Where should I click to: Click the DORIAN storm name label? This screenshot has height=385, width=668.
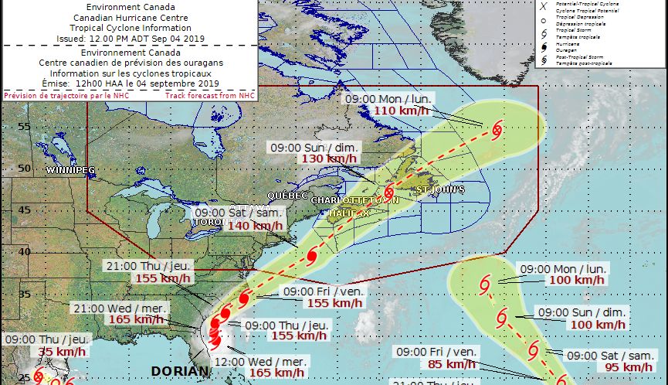click(180, 371)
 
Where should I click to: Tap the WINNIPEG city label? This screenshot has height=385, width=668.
click(70, 169)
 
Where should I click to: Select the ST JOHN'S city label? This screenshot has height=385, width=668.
click(441, 189)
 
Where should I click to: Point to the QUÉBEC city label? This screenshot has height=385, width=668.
click(288, 196)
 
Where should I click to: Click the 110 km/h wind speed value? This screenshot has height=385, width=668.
click(397, 111)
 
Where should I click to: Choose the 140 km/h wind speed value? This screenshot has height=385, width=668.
click(255, 225)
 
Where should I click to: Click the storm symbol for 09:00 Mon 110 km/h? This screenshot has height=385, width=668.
click(496, 128)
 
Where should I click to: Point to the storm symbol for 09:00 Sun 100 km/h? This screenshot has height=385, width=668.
click(502, 316)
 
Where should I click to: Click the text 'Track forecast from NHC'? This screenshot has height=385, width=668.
click(209, 95)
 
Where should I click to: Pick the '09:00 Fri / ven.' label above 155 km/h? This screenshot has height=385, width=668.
click(321, 291)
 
